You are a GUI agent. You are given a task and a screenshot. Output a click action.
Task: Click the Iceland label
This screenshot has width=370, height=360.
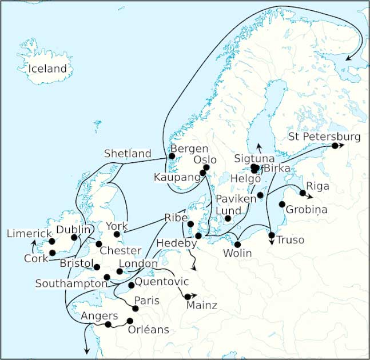(x=48, y=69)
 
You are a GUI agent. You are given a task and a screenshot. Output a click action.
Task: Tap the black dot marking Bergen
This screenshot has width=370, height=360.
(x=172, y=156)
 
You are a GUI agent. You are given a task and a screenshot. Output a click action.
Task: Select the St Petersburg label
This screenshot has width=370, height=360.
(x=324, y=137)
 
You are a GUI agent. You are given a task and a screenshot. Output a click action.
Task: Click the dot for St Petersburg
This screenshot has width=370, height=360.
(x=335, y=146)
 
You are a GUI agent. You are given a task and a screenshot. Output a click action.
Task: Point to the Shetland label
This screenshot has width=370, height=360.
(x=128, y=154)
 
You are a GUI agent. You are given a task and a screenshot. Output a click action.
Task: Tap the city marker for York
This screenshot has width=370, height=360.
(x=117, y=234)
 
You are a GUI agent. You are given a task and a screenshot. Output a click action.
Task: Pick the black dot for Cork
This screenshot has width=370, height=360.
(x=52, y=253)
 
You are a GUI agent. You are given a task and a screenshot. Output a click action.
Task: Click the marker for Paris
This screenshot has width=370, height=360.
(x=136, y=309)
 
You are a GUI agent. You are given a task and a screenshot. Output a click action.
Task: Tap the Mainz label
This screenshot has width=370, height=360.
(x=202, y=306)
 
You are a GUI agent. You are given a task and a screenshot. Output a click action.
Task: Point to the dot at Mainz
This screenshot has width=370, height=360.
(x=187, y=296)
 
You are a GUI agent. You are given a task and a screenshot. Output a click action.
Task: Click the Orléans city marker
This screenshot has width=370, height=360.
(x=130, y=321)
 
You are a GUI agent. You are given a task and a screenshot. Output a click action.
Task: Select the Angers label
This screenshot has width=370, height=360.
(x=100, y=316)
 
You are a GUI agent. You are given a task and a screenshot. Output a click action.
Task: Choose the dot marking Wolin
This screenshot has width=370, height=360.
(x=237, y=245)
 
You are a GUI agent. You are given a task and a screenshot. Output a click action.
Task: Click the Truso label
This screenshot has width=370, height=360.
(x=291, y=240)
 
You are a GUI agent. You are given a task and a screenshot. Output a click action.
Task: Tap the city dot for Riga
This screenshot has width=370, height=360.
(x=303, y=193)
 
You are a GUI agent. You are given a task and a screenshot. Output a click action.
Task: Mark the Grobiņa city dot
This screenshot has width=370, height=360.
(x=281, y=204)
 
